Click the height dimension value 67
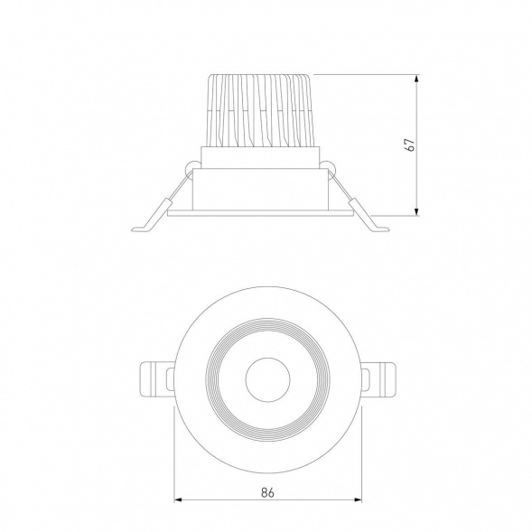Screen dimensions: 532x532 [409, 145]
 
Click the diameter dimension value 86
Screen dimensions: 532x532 [267, 492]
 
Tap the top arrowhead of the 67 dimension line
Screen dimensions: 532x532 [416, 79]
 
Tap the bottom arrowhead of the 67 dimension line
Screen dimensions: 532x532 [416, 210]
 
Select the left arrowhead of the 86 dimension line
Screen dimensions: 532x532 [179, 499]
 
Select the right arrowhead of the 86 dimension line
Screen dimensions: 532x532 [357, 499]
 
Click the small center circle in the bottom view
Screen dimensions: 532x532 [267, 379]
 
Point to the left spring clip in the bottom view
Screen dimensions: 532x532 [157, 379]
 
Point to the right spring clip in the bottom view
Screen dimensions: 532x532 [378, 379]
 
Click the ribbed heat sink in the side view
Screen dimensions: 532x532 [259, 110]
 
